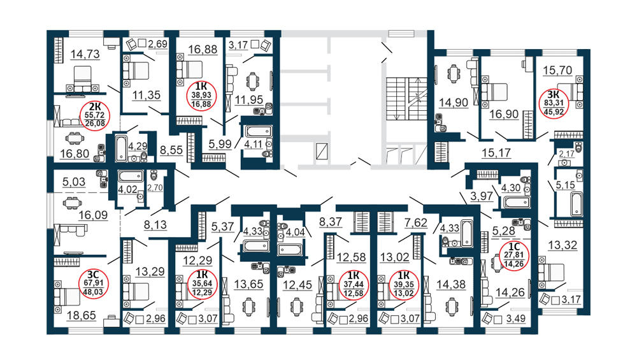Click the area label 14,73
(x=85, y=54)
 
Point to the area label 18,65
(x=82, y=315)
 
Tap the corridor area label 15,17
(x=496, y=153)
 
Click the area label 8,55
(x=171, y=150)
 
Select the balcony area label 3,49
(x=516, y=319)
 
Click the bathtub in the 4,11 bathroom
(x=259, y=131)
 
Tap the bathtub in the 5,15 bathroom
(x=576, y=204)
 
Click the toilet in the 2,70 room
(x=154, y=175)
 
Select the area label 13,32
(x=562, y=245)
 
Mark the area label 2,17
(x=567, y=154)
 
